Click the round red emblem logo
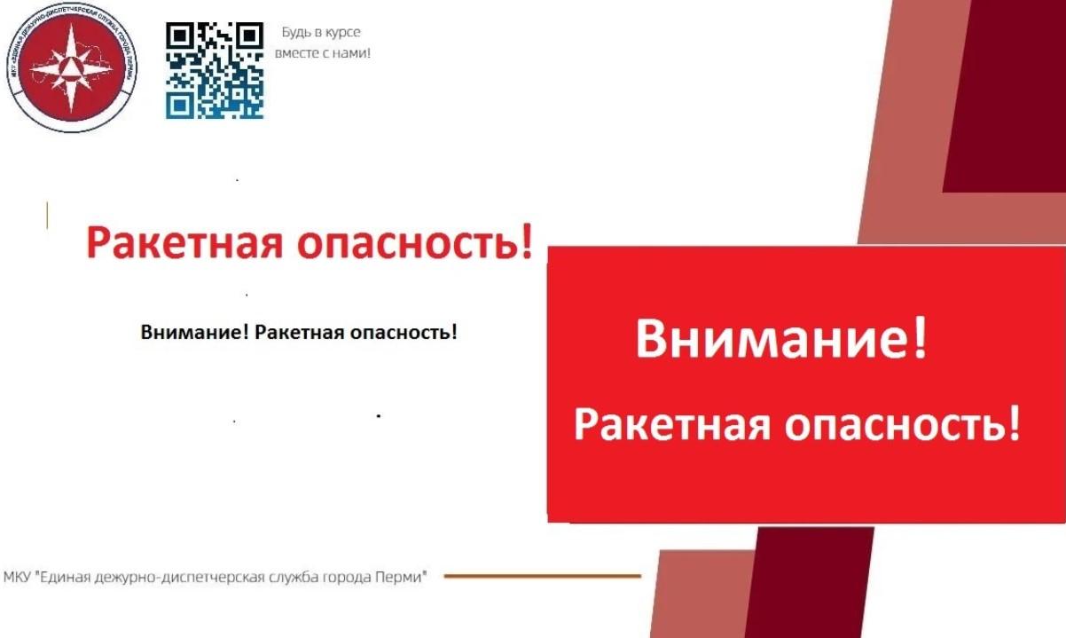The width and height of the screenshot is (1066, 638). point(71,67)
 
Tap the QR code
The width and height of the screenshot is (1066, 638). point(215,70)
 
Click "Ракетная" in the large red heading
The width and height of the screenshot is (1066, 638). point(184,243)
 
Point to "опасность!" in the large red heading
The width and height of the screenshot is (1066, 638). point(414,243)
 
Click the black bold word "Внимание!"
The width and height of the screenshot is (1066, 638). point(194,332)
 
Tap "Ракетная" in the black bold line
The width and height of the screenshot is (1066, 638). point(300,332)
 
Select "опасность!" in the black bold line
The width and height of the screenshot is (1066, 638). point(404,332)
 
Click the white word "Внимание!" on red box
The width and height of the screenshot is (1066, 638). point(781,339)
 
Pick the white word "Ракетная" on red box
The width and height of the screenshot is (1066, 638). point(671,424)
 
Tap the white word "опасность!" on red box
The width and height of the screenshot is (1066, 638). point(902,424)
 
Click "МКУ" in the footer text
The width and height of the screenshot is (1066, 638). point(18,577)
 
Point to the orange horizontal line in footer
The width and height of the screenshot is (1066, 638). point(543,576)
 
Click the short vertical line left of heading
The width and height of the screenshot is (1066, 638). point(47,216)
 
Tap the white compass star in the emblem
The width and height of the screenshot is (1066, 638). point(71,68)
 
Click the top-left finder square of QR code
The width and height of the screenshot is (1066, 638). point(179,35)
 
